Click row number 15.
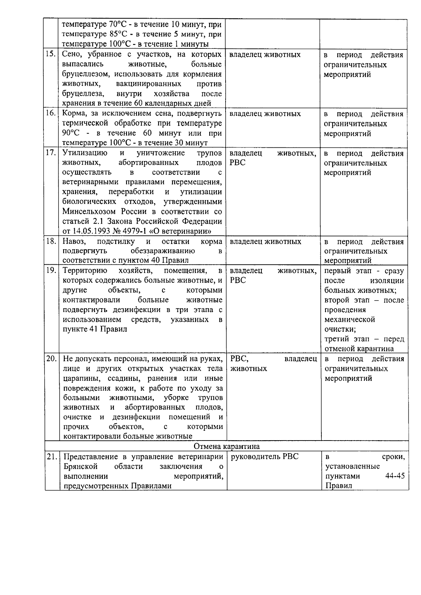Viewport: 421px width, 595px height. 52,54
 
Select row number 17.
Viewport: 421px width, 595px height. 52,153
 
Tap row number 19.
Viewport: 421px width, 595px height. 52,271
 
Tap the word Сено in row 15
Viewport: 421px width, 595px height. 72,54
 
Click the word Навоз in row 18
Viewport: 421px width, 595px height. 74,242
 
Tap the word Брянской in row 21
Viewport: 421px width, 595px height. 80,467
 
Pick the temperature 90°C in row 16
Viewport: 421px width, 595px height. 71,133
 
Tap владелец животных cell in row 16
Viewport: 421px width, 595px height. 265,114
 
